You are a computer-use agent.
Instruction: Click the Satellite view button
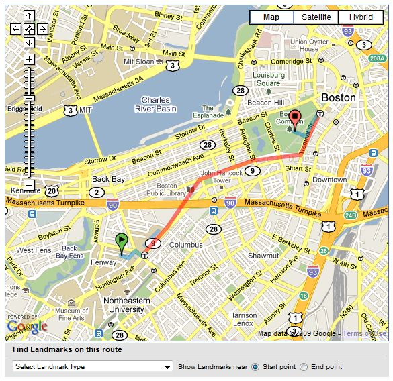[316, 18]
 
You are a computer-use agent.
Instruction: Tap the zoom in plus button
[29, 59]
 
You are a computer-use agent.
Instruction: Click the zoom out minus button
[29, 184]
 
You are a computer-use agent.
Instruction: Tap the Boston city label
[339, 97]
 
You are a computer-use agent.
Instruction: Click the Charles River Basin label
[155, 105]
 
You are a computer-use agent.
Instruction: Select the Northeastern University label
[126, 305]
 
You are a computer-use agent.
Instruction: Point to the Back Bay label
[110, 180]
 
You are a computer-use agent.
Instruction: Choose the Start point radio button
[255, 367]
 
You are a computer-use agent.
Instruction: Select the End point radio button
[304, 367]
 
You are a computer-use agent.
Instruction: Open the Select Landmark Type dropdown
[93, 367]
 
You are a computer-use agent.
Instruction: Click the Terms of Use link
[365, 333]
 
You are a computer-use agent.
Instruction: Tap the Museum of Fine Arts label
[71, 315]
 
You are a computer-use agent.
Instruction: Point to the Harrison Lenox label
[243, 319]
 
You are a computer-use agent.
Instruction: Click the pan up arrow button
[29, 16]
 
